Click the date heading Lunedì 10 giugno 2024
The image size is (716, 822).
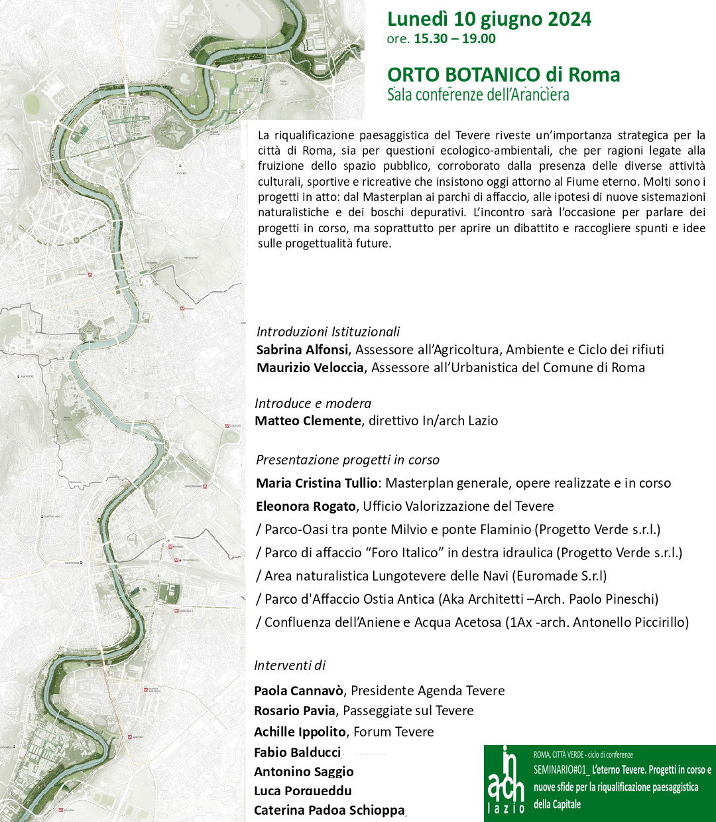489,19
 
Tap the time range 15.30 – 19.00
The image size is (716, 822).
454,38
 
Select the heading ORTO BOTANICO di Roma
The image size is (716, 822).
503,74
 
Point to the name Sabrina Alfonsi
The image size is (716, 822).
302,350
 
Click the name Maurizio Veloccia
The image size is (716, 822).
310,368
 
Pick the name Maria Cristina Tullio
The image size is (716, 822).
317,483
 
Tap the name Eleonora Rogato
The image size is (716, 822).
306,506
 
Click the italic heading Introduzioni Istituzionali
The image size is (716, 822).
328,332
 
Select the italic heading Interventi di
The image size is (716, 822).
290,665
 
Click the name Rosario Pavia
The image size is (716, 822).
294,711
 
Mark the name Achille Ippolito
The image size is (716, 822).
300,732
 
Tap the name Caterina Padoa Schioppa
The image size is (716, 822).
329,810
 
